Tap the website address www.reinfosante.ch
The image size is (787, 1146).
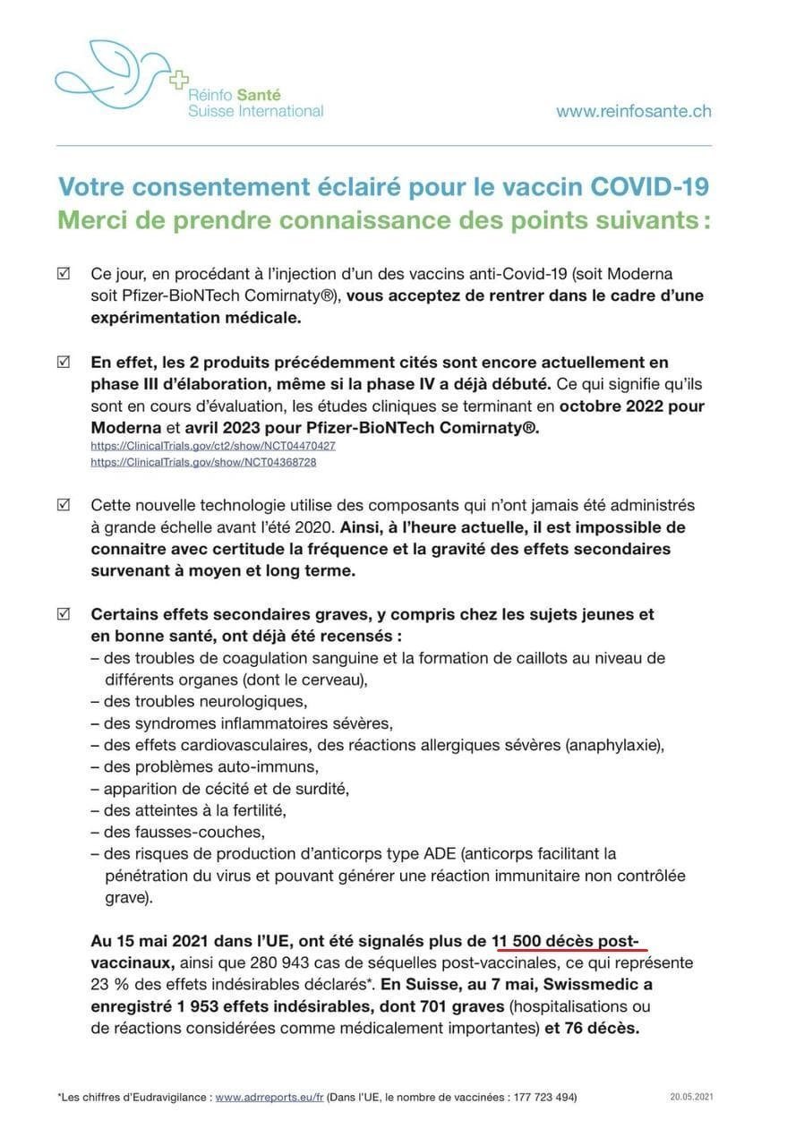[633, 111]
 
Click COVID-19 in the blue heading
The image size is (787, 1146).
[649, 187]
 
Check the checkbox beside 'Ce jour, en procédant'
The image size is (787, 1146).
[64, 273]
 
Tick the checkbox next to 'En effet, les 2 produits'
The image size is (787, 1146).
[64, 363]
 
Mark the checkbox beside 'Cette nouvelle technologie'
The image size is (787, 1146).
[64, 505]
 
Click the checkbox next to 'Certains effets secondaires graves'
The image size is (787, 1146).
[64, 614]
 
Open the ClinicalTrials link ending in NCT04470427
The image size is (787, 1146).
[213, 446]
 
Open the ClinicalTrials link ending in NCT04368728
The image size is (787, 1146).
[203, 462]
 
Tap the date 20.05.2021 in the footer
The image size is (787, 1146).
[691, 1097]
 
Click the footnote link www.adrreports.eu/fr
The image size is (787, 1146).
[269, 1097]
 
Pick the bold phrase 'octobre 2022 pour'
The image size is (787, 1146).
[632, 406]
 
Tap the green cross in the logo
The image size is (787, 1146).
[179, 80]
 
